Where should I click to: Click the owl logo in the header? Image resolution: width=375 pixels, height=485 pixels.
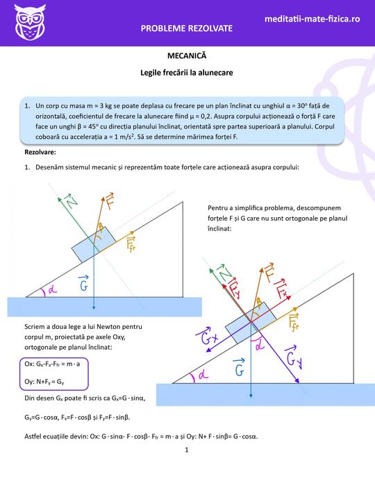[x=29, y=22]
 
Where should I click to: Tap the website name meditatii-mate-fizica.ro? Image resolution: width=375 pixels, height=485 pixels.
[x=312, y=19]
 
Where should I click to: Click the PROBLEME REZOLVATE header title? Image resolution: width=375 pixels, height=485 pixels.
[x=187, y=28]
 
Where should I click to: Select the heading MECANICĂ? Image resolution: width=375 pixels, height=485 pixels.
[x=187, y=56]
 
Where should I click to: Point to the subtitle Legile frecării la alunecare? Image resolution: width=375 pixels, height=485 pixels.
[x=187, y=73]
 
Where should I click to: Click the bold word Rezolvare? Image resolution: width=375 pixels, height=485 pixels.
[x=40, y=152]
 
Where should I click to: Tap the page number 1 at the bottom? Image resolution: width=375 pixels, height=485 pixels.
[x=187, y=450]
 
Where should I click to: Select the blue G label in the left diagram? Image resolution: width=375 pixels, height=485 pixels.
[x=83, y=283]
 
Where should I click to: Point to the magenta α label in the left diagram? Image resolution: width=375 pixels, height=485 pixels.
[x=53, y=290]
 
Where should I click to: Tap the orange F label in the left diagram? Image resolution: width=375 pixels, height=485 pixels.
[x=110, y=201]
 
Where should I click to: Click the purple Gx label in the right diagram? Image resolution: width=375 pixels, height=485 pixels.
[x=208, y=337]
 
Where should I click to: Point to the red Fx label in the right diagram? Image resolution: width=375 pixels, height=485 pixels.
[x=281, y=289]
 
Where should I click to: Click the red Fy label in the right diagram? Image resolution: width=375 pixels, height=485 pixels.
[x=235, y=288]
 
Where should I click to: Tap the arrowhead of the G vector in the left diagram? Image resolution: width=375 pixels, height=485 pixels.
[x=94, y=307]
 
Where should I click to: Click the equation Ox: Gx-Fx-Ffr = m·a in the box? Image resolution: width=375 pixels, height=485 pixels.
[x=52, y=364]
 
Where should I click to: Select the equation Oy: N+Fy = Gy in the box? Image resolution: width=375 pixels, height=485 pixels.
[x=44, y=382]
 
